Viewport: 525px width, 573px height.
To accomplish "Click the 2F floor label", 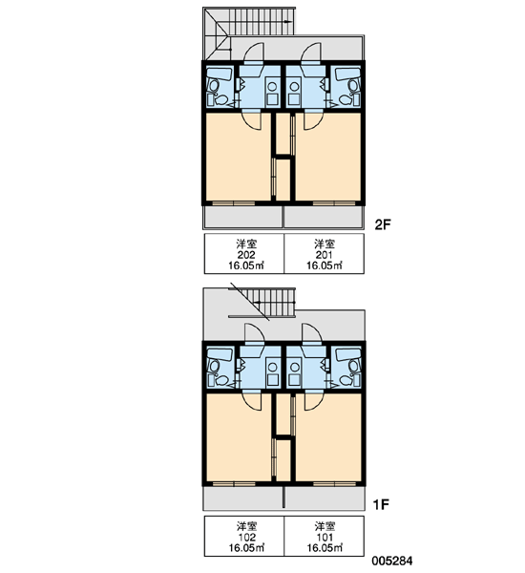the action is (383, 224).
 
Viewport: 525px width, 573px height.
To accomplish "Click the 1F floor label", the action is (381, 504).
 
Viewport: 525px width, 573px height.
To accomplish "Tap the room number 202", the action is (246, 255).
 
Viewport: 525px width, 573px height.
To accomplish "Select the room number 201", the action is (324, 255).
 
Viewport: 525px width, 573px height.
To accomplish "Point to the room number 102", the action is (246, 537).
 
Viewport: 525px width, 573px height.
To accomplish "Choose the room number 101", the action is (325, 537).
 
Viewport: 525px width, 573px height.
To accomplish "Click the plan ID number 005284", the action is (392, 561).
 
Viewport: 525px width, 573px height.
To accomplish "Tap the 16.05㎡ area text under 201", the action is (324, 265).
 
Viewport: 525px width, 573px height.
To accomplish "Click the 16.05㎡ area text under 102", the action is (246, 548).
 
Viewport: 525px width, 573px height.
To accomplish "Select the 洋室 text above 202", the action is (246, 244).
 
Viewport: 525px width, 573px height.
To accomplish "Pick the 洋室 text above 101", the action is (325, 526).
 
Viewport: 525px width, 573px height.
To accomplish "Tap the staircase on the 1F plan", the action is (262, 303).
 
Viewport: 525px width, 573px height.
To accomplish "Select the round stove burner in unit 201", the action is (293, 86).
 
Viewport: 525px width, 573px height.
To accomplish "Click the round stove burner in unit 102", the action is (272, 367).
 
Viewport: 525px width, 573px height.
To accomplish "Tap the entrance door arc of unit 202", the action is (253, 52).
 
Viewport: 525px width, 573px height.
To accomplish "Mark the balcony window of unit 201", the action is (334, 203).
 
